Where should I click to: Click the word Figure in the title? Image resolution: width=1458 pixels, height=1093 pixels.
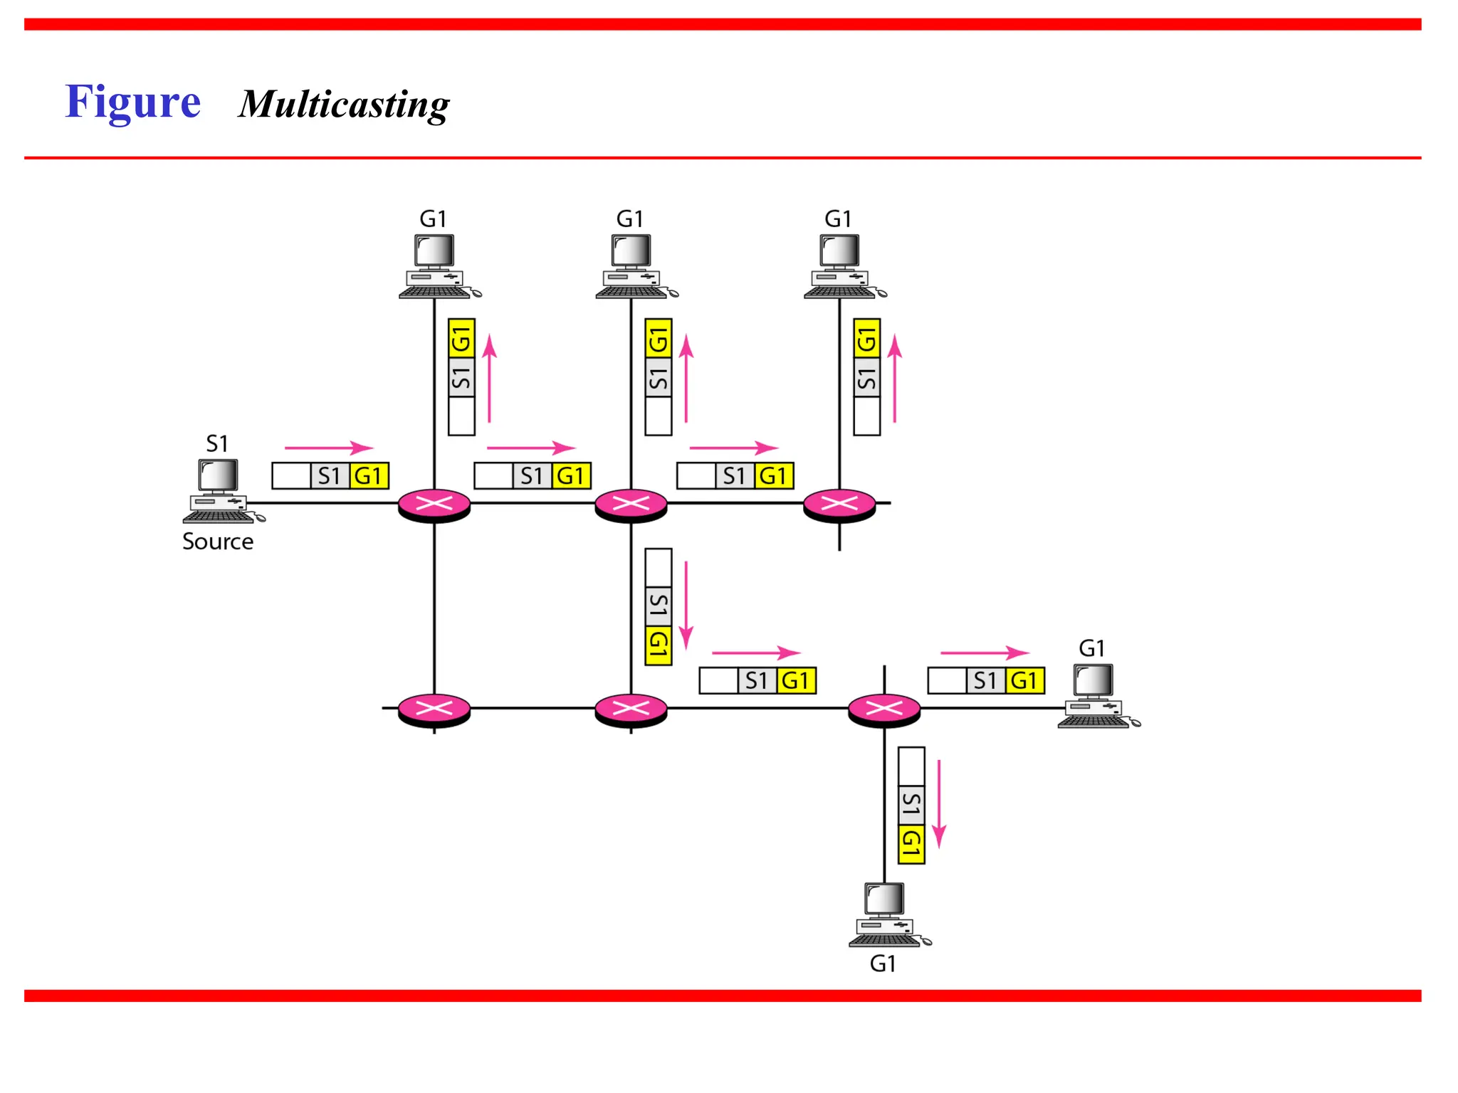[x=133, y=102]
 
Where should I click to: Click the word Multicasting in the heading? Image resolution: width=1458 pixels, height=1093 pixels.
[x=344, y=105]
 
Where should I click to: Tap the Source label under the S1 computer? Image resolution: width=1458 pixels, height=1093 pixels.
[x=218, y=542]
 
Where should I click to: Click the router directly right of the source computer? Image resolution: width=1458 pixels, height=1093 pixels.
[x=434, y=505]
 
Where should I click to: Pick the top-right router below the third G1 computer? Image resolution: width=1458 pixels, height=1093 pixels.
[x=839, y=505]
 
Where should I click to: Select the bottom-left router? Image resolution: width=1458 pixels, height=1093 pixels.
[x=434, y=709]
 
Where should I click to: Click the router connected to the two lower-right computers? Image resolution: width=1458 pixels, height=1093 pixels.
[x=884, y=709]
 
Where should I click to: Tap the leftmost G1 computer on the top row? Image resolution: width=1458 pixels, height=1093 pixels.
[x=436, y=267]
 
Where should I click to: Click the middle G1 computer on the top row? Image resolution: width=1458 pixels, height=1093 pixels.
[x=633, y=267]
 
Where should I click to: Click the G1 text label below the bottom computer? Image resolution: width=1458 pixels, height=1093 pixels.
[x=883, y=963]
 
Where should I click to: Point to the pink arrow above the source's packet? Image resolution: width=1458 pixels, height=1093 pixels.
[x=329, y=448]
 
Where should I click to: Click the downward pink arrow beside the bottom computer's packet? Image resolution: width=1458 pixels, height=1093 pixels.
[x=939, y=804]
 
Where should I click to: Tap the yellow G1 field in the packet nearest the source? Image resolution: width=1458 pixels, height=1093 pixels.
[x=369, y=475]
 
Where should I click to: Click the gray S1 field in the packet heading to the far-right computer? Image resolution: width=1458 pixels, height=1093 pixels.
[x=985, y=680]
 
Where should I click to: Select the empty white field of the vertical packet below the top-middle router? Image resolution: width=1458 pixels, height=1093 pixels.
[x=659, y=566]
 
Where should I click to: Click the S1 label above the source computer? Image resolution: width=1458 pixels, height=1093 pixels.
[x=217, y=443]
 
